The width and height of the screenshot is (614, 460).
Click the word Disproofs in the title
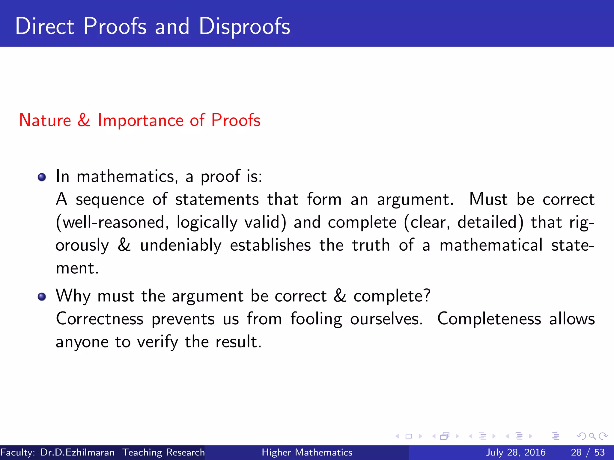pos(244,26)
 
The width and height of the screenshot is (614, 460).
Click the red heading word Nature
pos(45,120)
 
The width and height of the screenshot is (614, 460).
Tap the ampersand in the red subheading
pos(84,120)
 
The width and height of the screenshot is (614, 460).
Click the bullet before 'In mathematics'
pos(42,177)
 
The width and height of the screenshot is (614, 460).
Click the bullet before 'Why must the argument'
pos(42,297)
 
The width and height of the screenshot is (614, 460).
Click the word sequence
pos(110,200)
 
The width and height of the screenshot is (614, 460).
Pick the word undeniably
pos(181,246)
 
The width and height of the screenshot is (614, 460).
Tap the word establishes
pos(270,245)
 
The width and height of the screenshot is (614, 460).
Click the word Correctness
pos(100,319)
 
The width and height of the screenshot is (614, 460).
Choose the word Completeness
pos(489,319)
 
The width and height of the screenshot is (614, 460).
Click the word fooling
pos(316,319)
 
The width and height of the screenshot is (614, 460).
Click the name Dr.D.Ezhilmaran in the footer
pos(77,453)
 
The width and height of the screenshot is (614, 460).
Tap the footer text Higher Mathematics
pos(307,453)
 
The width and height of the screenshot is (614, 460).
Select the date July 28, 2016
pos(515,453)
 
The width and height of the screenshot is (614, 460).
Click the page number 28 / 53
pos(588,453)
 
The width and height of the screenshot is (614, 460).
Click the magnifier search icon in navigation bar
pos(592,436)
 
